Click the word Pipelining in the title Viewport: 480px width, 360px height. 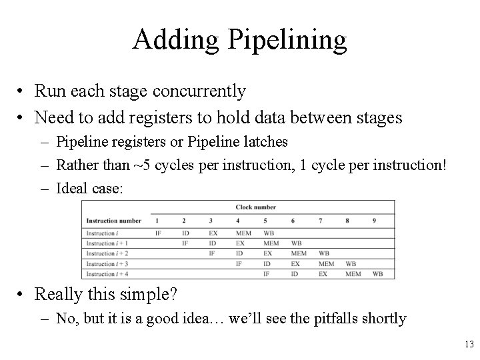(x=289, y=40)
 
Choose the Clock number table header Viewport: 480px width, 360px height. (x=255, y=207)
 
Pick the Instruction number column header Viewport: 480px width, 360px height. (x=114, y=220)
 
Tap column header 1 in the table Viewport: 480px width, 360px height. (x=157, y=220)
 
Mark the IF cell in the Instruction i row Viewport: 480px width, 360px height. (x=158, y=233)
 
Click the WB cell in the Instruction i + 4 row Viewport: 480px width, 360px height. (x=377, y=274)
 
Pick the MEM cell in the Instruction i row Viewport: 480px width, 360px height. (x=243, y=233)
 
